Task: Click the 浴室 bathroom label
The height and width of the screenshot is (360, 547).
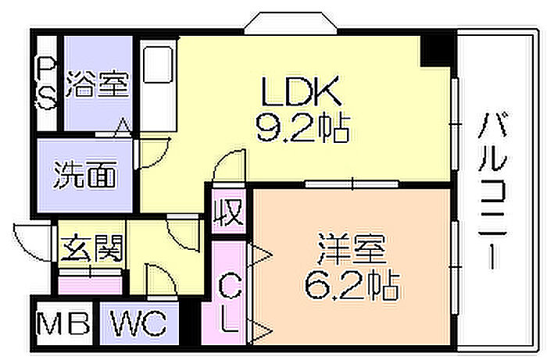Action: (96, 84)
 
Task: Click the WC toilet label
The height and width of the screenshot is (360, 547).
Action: (138, 323)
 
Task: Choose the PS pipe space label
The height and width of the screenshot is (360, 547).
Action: (47, 84)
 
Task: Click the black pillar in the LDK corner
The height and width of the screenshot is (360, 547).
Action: (434, 49)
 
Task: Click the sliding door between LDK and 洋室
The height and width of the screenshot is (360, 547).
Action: (352, 184)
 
